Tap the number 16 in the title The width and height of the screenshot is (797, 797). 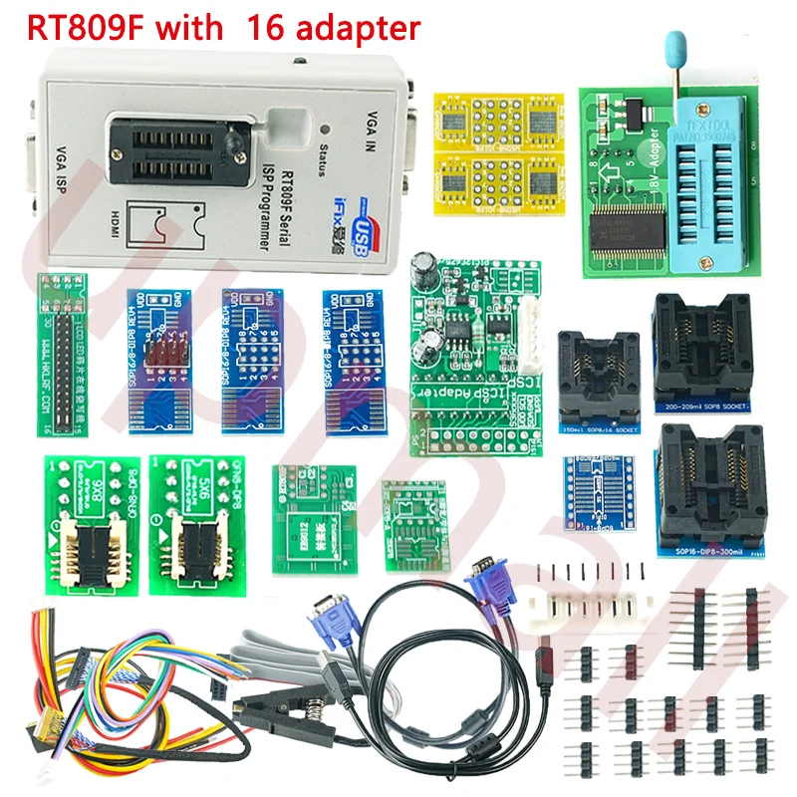pos(269,27)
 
